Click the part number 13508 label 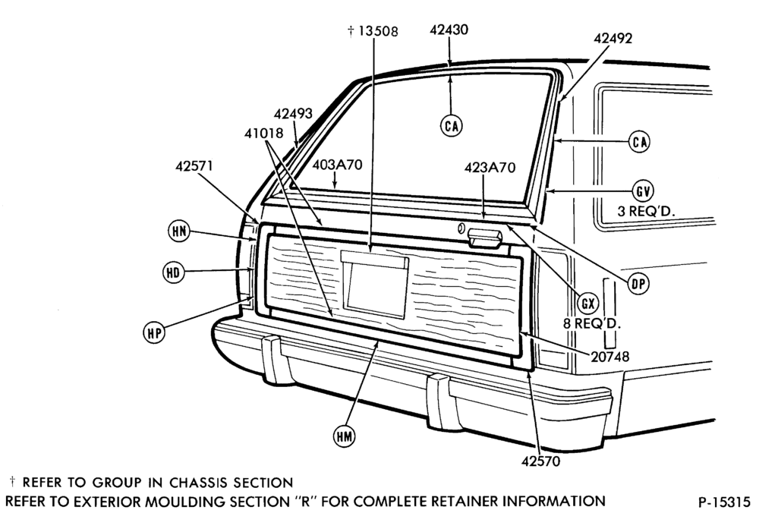pos(378,31)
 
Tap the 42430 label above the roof pos(449,30)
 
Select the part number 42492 pos(613,38)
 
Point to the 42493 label pos(293,114)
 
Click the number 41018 pos(263,133)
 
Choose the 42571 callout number pos(194,166)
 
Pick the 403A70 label pos(337,165)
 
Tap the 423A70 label pos(490,168)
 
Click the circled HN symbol pos(179,231)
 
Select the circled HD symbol pos(173,272)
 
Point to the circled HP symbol pos(154,333)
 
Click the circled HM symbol pos(344,436)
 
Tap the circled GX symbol pos(587,304)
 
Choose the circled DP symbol pos(638,284)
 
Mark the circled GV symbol pos(643,191)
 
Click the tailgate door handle pos(484,238)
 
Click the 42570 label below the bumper pos(540,461)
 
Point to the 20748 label pos(610,357)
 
